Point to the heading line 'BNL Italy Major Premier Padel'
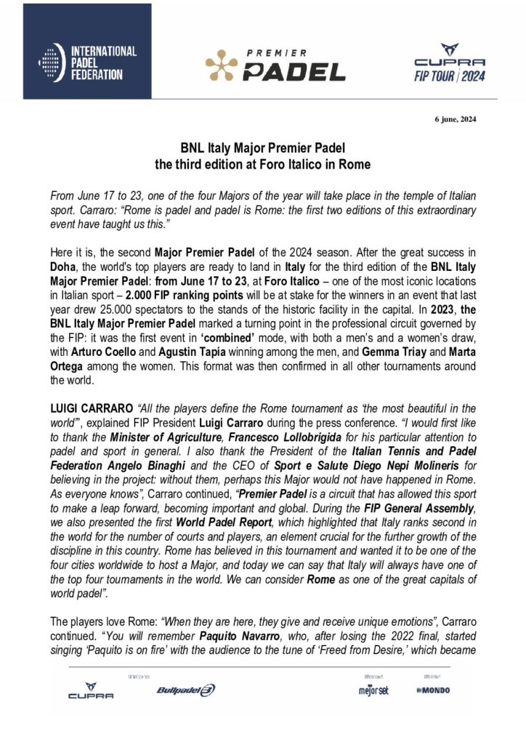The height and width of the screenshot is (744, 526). (262, 148)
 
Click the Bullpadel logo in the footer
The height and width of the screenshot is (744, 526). (186, 690)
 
